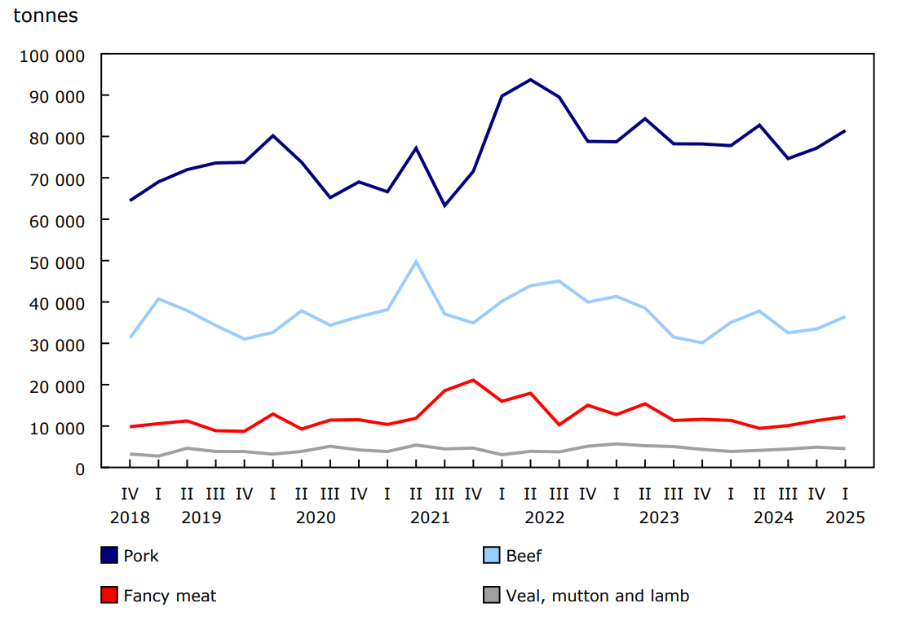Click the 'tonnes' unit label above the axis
[46, 16]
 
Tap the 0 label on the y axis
[79, 469]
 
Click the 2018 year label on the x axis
[130, 517]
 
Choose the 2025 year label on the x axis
[844, 517]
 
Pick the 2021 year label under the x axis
[430, 517]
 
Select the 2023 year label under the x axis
[659, 517]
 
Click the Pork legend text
[141, 556]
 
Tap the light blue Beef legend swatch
[492, 556]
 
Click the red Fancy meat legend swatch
[109, 596]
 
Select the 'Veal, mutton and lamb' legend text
[597, 596]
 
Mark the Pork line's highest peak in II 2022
[530, 80]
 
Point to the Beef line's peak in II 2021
[416, 262]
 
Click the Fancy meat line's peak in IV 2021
[473, 380]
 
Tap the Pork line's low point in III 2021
[444, 205]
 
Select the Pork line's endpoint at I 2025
[844, 130]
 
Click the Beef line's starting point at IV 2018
[130, 337]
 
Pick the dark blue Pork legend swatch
[109, 556]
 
